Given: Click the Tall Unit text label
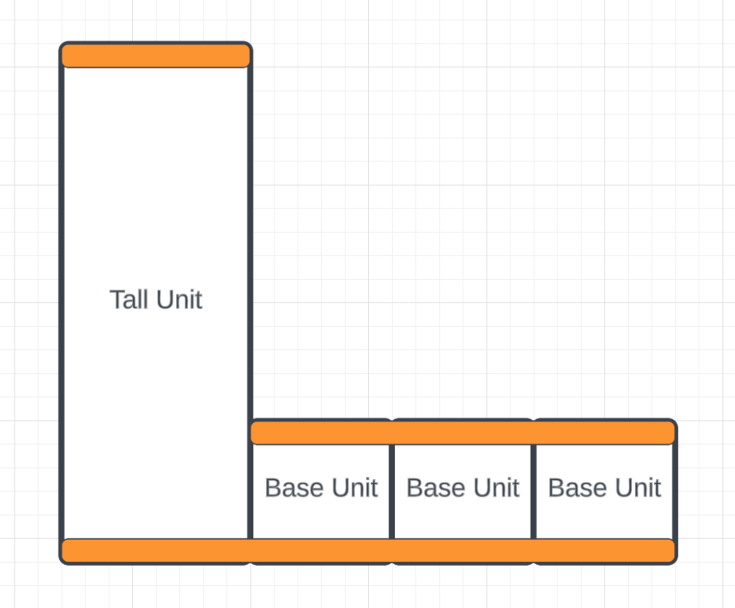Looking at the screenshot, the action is (156, 299).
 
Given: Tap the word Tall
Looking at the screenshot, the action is (128, 299).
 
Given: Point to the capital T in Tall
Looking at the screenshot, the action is (117, 300).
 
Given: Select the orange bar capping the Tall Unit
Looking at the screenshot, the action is (156, 56).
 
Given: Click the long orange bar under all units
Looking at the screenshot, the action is (368, 551).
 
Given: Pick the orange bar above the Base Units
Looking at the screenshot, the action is (462, 432).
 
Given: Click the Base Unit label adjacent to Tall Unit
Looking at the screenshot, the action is (321, 488).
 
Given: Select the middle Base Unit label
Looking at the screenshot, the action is (462, 488).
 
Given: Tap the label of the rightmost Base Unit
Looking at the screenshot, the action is (604, 488).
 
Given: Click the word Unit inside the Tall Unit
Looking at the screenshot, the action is (179, 299).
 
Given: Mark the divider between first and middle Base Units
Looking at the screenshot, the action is (392, 491).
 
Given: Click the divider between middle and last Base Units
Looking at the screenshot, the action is (534, 491).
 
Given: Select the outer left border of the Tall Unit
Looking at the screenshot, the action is (62, 303).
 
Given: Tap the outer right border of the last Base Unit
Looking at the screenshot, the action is (675, 491).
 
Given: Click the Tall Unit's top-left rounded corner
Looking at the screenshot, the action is (62, 45).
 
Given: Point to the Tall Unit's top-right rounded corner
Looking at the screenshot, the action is (249, 45).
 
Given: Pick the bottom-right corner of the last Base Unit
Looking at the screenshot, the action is (673, 561).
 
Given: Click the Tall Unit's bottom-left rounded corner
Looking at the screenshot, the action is (62, 561).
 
